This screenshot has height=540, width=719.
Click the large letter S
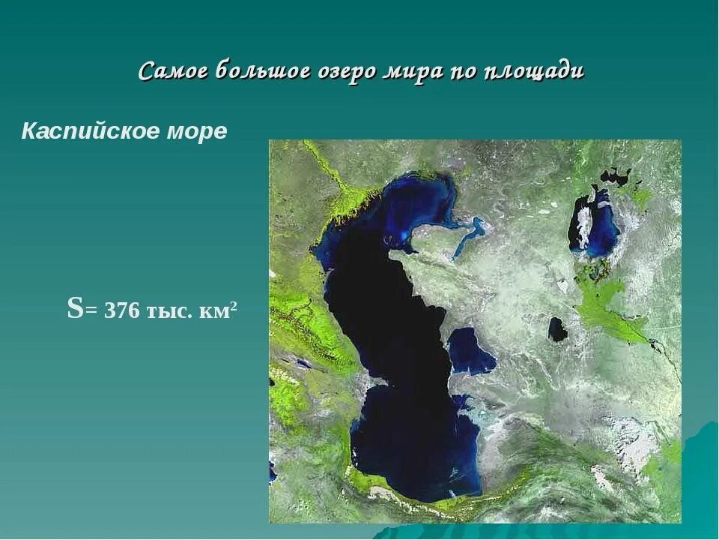tap(75, 308)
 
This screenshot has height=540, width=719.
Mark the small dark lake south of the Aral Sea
tap(557, 328)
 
